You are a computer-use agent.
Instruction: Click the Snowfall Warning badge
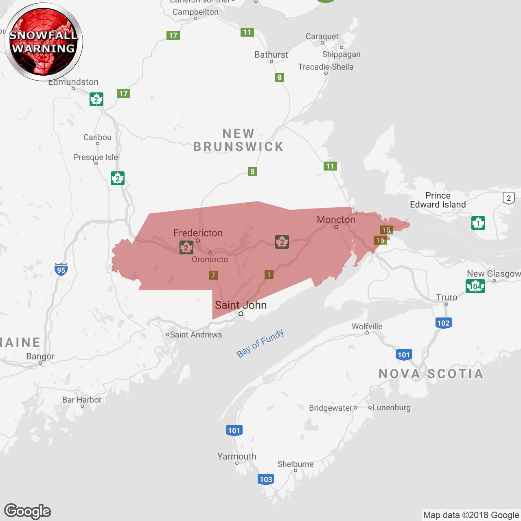tap(44, 42)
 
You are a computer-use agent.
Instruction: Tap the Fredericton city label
tap(198, 233)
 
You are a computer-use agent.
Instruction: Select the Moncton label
tap(336, 220)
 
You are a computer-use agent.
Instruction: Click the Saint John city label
tap(241, 305)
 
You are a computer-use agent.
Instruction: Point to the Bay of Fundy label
tap(260, 344)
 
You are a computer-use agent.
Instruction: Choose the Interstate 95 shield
tap(61, 269)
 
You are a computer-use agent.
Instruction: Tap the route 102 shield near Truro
tap(443, 323)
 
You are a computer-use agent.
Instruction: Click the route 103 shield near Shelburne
tap(266, 479)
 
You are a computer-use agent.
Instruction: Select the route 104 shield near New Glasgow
tap(475, 286)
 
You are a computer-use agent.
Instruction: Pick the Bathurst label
tap(271, 55)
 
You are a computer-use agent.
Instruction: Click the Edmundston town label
tap(73, 82)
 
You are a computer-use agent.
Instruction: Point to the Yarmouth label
tap(237, 456)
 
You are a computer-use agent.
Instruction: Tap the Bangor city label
tap(40, 357)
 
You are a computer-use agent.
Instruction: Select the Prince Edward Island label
tap(438, 200)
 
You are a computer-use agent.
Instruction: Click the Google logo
tap(28, 511)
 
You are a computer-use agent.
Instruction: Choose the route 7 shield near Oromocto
tap(213, 275)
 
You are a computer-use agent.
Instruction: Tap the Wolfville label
tap(367, 326)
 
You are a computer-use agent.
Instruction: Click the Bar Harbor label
tap(82, 400)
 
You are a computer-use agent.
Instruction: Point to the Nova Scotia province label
tap(431, 374)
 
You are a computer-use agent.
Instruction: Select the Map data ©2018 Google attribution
tap(471, 515)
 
